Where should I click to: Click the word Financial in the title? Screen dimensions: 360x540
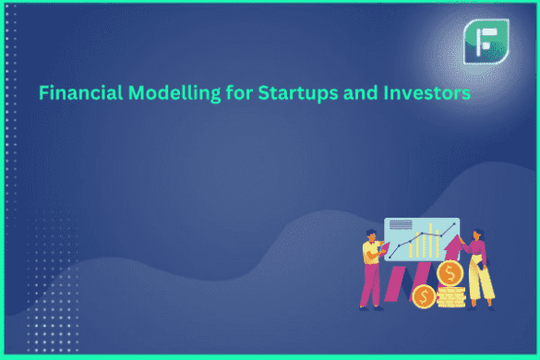click(74, 93)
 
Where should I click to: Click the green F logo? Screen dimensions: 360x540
click(484, 42)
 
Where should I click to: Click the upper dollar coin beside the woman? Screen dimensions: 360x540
click(450, 273)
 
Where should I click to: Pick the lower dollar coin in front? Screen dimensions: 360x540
click(425, 296)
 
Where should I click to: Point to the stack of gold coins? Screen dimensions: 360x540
click(450, 297)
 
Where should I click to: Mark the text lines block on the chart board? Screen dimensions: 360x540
click(400, 225)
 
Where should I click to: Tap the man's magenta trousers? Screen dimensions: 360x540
click(369, 288)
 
